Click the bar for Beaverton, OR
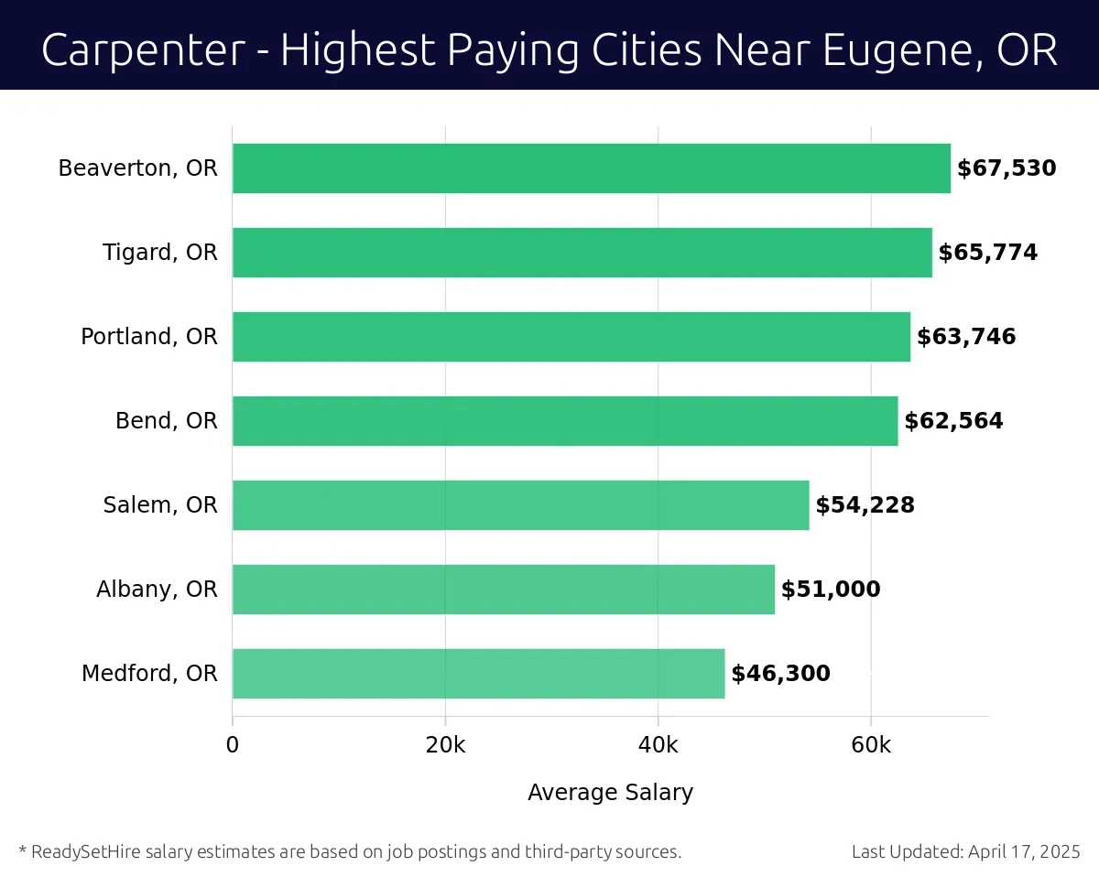coord(591,168)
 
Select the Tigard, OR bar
coord(582,253)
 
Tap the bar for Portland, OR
coord(571,337)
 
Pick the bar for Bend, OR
coord(564,421)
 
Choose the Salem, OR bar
coord(520,505)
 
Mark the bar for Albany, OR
coord(503,590)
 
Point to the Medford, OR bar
coord(478,674)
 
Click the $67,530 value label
coord(1007,168)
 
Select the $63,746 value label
coord(966,337)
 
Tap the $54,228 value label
coord(865,505)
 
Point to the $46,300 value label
coord(780,674)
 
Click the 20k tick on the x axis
coord(445,745)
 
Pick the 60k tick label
coord(870,745)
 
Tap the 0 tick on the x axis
coord(233,745)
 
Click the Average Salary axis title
coord(610,792)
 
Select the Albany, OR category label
coord(157,590)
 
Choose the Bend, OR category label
coord(166,421)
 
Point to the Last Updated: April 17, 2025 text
coord(966,852)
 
